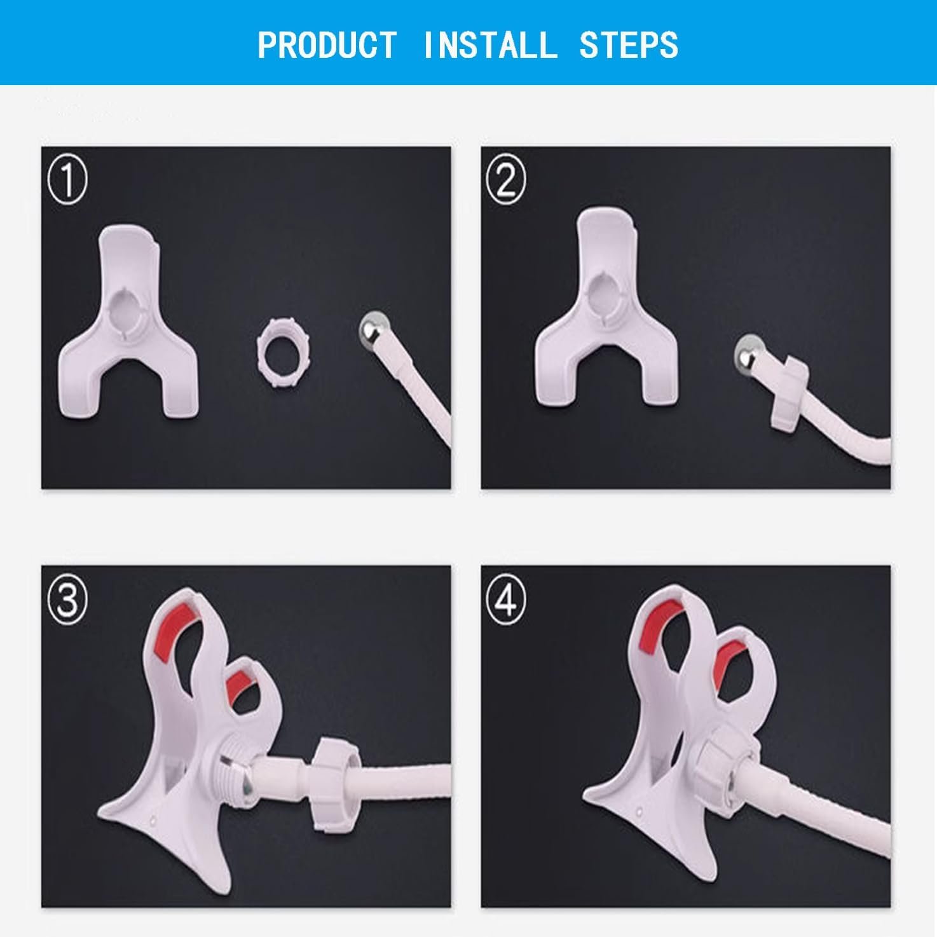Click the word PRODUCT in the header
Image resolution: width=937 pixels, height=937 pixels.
(327, 45)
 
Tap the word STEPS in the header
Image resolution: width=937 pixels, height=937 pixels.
(628, 45)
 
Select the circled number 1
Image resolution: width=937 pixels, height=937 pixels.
(67, 180)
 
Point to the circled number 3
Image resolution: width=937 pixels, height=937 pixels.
(67, 599)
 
